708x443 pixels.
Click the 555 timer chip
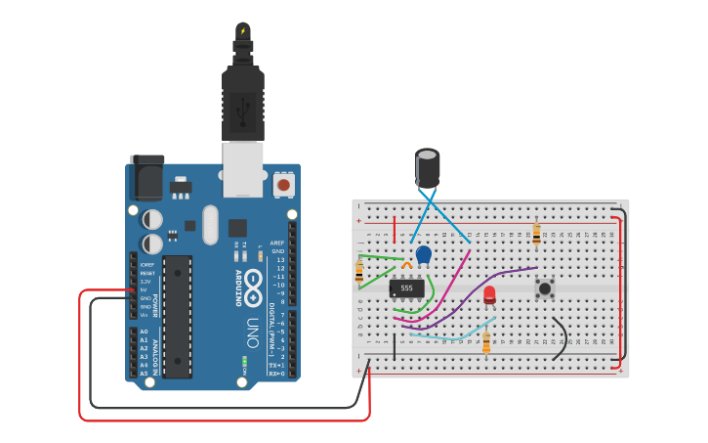(406, 288)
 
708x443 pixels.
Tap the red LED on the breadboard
(489, 294)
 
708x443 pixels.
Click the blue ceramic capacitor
(423, 254)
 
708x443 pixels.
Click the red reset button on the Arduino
(284, 184)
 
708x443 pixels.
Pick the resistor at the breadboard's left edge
(359, 274)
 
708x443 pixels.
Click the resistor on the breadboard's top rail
(535, 234)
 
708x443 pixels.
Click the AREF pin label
(277, 243)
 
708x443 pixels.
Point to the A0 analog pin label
(145, 332)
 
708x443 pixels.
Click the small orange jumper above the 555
(406, 265)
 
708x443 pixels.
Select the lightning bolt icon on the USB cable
(242, 31)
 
